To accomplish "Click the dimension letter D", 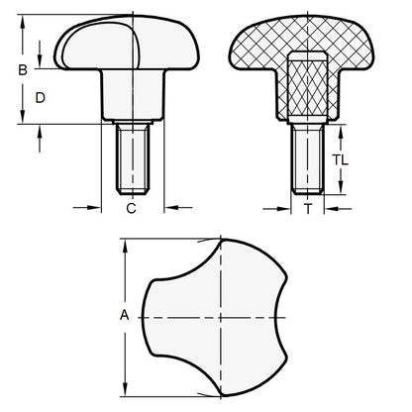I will [x=40, y=98].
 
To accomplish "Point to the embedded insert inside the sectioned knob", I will [x=307, y=85].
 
